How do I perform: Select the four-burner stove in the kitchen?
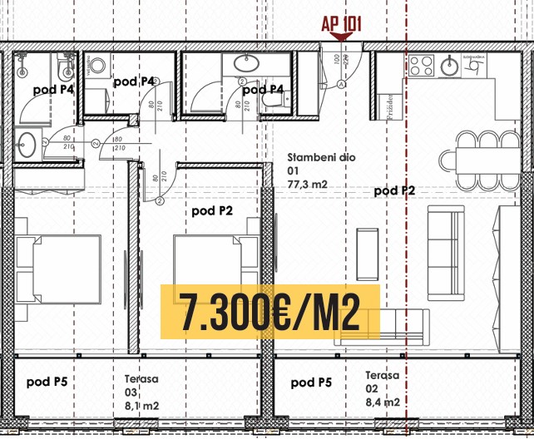[x=420, y=64]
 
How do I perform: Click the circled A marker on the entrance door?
[x=342, y=84]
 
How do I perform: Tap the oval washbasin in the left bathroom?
[x=26, y=142]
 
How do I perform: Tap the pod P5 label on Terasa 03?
[x=47, y=382]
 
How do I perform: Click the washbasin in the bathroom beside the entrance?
[x=245, y=62]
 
